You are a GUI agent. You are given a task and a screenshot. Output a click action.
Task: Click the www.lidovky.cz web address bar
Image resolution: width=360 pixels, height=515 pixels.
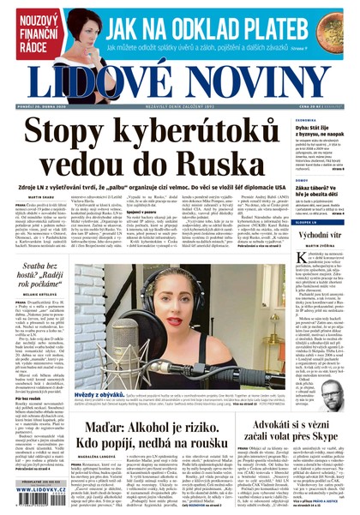click(x=39, y=497)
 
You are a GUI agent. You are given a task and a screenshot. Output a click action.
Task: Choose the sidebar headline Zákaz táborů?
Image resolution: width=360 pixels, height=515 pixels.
click(x=315, y=188)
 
